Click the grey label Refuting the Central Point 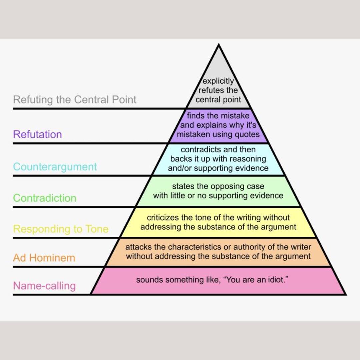[x=75, y=100]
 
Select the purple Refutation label [x=37, y=134]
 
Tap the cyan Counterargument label [x=55, y=167]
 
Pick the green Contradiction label [x=45, y=198]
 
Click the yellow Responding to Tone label [x=61, y=229]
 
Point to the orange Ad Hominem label [x=44, y=258]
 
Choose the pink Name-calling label [x=44, y=286]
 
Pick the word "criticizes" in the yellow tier [x=163, y=218]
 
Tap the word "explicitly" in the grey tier [x=218, y=81]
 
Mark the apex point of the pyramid [x=219, y=45]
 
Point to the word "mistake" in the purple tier [x=237, y=116]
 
